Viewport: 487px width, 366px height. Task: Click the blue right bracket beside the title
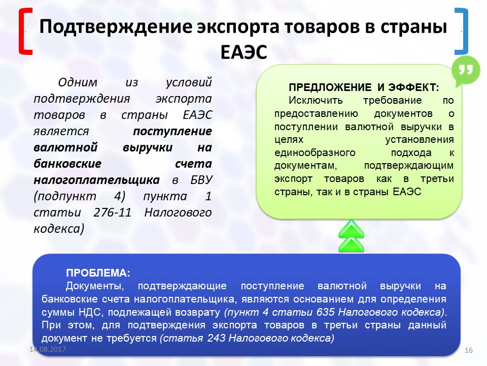coord(462,30)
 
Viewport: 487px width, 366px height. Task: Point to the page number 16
coord(468,350)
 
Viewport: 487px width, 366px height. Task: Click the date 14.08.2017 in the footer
coord(48,350)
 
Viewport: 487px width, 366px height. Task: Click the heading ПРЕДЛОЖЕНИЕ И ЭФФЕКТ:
coord(363,87)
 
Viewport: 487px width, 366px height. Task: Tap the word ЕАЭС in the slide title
coord(244,52)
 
